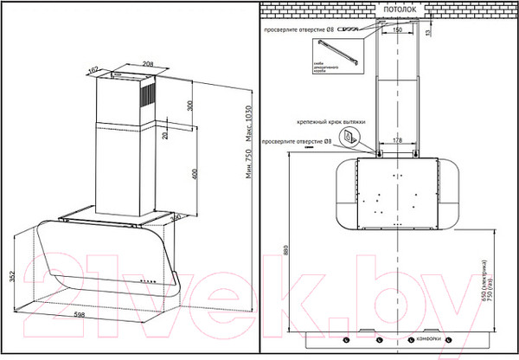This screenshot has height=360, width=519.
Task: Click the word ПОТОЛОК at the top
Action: (395, 8)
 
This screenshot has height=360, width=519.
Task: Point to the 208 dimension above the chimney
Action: (123, 64)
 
